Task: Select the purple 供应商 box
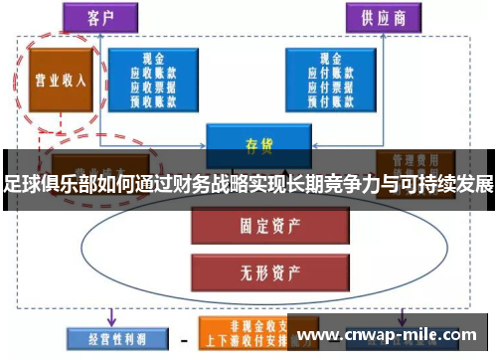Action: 383,19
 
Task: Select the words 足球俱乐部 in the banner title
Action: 47,185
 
